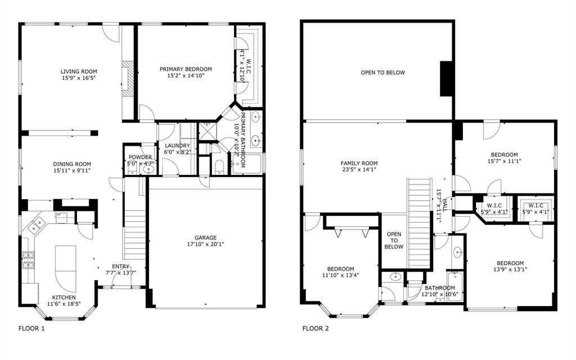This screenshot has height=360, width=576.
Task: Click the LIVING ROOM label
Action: pos(79,71)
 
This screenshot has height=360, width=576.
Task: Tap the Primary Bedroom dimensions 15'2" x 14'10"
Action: pos(186,76)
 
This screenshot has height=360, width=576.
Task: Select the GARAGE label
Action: pos(205,238)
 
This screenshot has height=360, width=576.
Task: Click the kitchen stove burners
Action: pos(28,260)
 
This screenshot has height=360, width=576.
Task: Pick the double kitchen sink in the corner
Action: pos(36,225)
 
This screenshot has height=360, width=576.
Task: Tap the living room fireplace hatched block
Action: pos(127,79)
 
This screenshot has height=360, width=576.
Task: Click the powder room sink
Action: pos(148,169)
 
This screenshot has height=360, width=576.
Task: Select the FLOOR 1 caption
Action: pos(31,328)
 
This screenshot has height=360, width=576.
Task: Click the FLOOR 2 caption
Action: pos(316,328)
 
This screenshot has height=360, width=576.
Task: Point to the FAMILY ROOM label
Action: pos(359,163)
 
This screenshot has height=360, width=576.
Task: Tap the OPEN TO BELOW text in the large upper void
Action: pos(382,73)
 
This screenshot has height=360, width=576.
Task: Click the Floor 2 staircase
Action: pos(418,223)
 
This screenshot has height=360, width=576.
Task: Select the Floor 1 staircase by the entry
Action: pos(135,235)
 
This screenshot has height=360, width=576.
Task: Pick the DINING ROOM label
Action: pos(72,164)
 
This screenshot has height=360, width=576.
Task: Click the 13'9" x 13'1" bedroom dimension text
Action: pos(510,269)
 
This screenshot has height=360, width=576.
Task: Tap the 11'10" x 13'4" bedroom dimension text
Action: pos(340,274)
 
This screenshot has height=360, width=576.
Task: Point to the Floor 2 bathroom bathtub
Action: pos(455,286)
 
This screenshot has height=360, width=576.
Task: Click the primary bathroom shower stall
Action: pos(207,130)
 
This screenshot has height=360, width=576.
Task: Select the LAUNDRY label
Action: pos(177,146)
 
